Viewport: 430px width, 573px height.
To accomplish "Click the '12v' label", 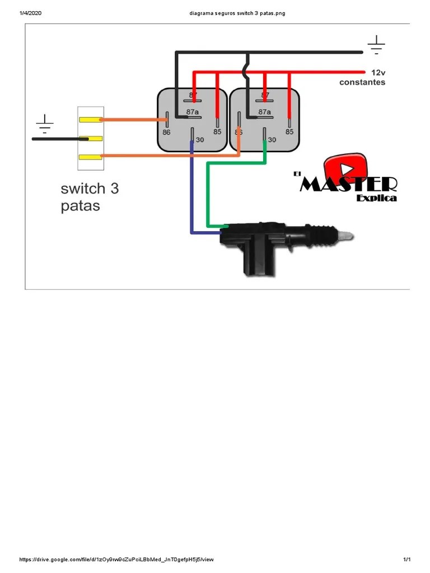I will [x=378, y=73].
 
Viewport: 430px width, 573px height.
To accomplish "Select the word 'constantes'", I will [x=362, y=82].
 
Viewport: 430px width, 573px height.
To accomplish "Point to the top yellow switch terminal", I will [x=90, y=119].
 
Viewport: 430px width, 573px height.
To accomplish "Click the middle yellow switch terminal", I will [x=90, y=138].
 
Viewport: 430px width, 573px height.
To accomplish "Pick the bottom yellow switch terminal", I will [x=90, y=157].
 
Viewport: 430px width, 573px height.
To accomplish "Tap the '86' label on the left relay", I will [x=166, y=133].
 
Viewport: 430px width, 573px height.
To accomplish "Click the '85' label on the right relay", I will [x=289, y=132].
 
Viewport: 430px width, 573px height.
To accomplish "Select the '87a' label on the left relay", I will [x=193, y=111].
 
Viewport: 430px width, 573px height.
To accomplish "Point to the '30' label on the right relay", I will [x=272, y=139].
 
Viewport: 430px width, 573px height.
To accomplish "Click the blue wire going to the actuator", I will [x=192, y=190].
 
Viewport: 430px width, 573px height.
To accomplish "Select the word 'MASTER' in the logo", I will [x=348, y=185].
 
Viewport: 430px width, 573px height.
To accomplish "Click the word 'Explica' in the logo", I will [x=376, y=198].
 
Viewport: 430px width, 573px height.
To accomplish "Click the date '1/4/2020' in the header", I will [x=31, y=13].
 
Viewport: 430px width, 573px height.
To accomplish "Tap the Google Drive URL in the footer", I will [x=116, y=560].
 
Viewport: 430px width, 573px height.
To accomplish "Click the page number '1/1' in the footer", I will [x=407, y=560].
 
